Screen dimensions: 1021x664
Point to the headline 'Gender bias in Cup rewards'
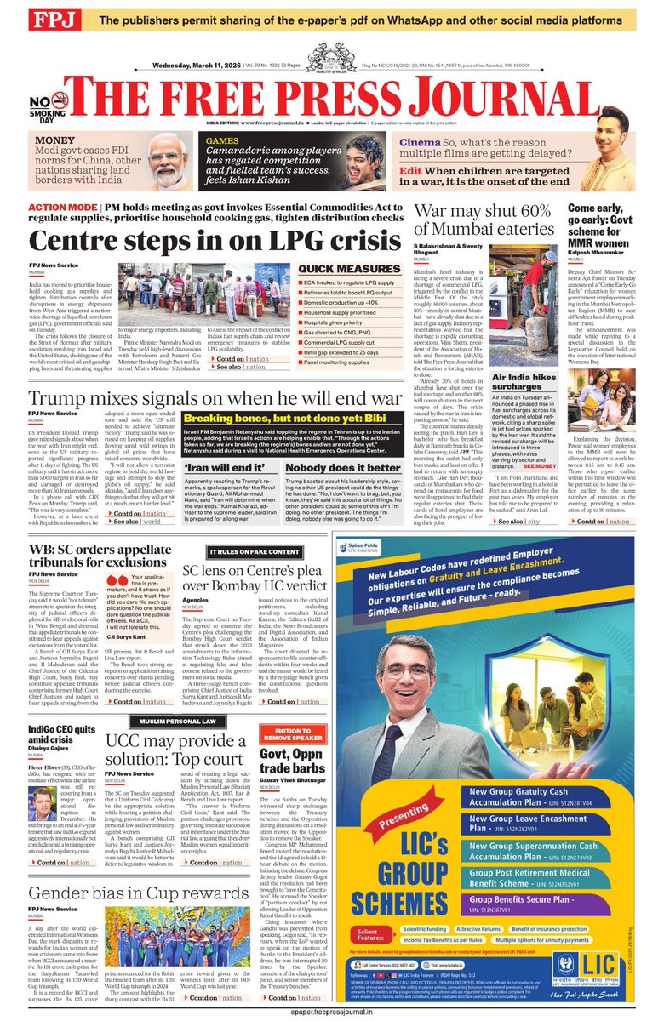click(139, 893)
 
